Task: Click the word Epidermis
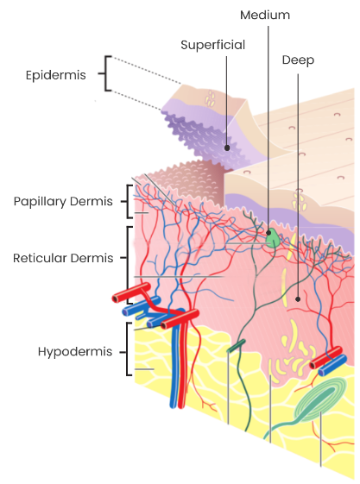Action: (x=55, y=75)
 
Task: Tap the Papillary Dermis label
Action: (x=63, y=201)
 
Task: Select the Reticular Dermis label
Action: (x=63, y=258)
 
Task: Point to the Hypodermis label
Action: (x=75, y=352)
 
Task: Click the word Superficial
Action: (x=212, y=45)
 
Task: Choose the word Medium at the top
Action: (x=265, y=15)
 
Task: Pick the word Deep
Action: (x=298, y=60)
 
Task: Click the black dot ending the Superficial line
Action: (x=227, y=148)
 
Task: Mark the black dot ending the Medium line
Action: (x=268, y=232)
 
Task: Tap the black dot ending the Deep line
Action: (x=298, y=299)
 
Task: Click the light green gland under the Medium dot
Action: (x=273, y=240)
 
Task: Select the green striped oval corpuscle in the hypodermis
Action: (x=319, y=400)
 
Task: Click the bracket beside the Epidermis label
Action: (x=105, y=73)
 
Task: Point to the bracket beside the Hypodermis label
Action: (x=127, y=349)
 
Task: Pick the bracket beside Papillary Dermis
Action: (x=128, y=202)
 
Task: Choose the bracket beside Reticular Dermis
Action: (x=128, y=264)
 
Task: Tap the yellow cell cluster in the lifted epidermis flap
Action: (x=211, y=98)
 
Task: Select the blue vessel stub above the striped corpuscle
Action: (x=332, y=366)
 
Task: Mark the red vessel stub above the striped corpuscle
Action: (x=325, y=357)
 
